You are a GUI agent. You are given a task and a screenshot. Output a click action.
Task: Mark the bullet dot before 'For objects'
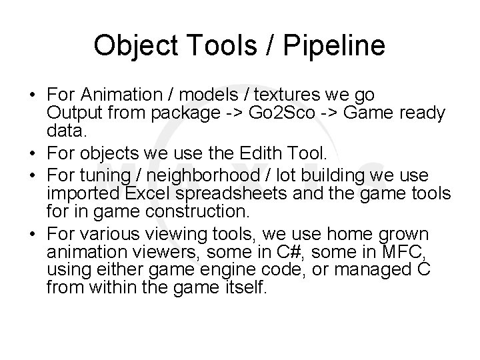[x=33, y=155]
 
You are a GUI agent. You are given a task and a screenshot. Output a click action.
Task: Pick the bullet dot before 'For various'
[x=33, y=235]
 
